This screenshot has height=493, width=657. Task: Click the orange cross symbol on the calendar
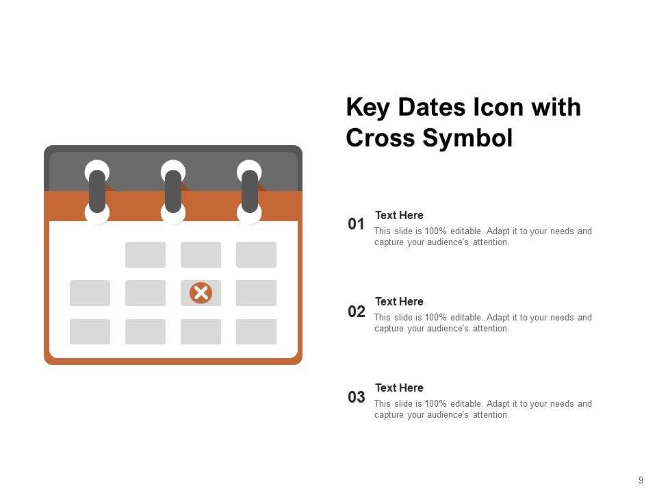(201, 292)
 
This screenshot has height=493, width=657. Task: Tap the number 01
(356, 224)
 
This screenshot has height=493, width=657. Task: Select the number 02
(356, 311)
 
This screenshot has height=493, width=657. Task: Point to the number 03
(356, 396)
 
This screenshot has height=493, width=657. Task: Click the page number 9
(641, 480)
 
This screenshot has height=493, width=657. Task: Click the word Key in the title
(368, 108)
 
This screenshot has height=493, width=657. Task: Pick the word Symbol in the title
(467, 138)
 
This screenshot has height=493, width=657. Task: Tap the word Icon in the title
(498, 107)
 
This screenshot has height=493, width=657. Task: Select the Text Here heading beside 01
(399, 215)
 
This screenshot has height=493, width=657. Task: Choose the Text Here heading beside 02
(399, 301)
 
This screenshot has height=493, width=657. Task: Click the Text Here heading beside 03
(399, 388)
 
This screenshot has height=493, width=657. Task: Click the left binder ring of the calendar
(97, 192)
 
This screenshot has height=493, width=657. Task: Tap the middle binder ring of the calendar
(173, 192)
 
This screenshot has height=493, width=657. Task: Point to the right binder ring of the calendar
(249, 192)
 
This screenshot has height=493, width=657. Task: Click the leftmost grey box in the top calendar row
(145, 255)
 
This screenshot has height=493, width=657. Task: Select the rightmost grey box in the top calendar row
(256, 255)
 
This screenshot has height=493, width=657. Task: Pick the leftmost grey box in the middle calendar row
(90, 293)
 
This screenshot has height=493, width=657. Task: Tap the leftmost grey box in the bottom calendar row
(90, 331)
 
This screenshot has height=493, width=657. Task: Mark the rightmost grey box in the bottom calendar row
(256, 331)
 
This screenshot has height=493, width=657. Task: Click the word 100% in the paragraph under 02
(435, 317)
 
